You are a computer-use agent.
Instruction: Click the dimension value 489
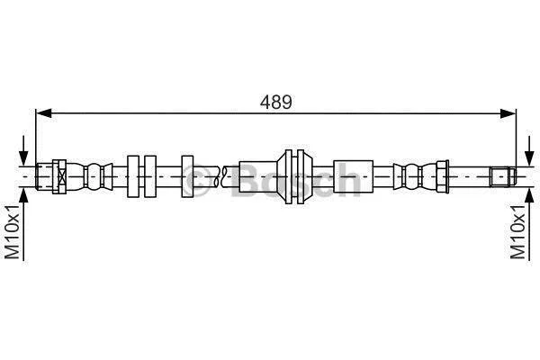click(276, 102)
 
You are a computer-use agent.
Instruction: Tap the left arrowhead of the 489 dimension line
click(44, 113)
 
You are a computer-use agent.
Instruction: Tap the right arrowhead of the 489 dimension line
click(508, 113)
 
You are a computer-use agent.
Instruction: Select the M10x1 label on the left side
click(13, 231)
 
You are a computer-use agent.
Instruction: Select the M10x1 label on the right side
click(518, 231)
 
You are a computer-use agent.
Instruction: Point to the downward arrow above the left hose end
click(23, 150)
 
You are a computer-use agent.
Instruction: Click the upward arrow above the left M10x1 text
click(23, 224)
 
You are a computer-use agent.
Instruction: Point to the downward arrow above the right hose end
click(529, 150)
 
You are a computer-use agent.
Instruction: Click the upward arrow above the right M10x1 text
click(529, 224)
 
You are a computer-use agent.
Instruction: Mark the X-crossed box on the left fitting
click(61, 176)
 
